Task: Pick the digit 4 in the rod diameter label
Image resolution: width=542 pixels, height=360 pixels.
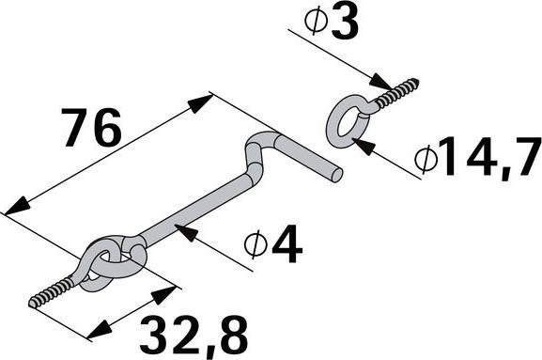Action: (x=286, y=245)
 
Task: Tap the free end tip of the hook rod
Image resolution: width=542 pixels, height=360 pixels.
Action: (x=337, y=174)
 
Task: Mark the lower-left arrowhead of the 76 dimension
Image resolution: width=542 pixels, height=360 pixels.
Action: (x=13, y=210)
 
